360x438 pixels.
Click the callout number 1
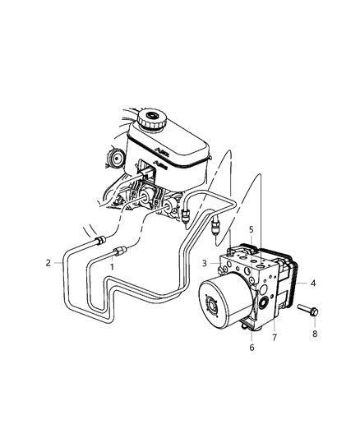coord(112,267)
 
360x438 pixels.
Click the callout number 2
coord(48,262)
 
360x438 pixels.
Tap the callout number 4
coord(312,283)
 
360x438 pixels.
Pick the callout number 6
coord(252,348)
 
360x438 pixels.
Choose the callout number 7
coord(276,338)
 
